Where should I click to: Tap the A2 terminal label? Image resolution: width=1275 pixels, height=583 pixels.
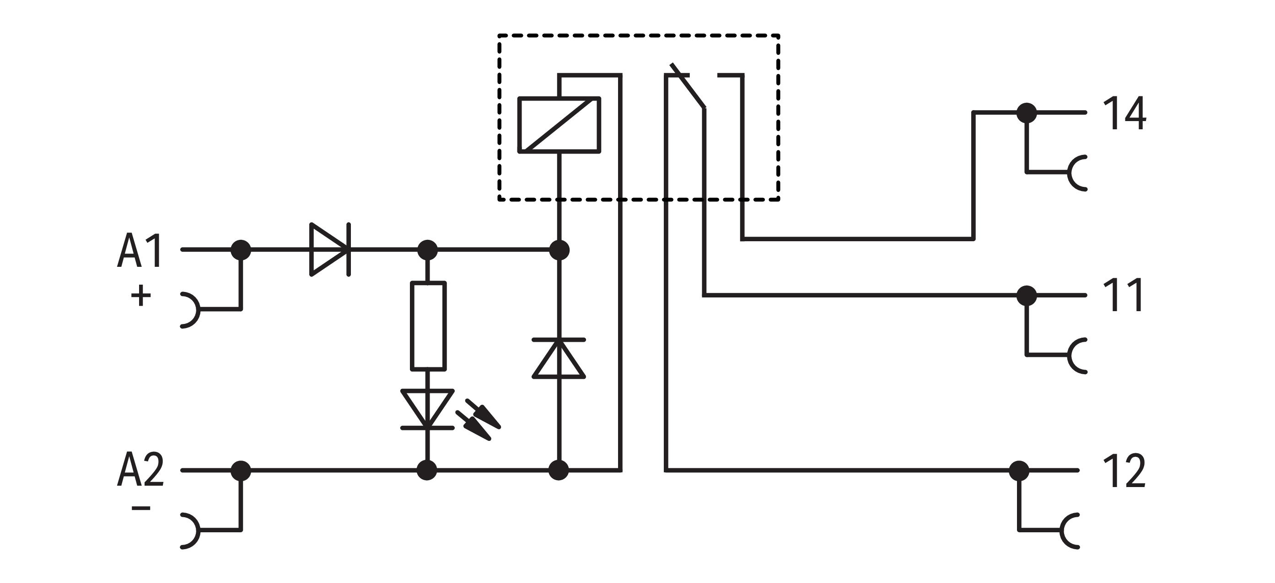pyautogui.click(x=140, y=470)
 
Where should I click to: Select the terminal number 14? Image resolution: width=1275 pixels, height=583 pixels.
pyautogui.click(x=1124, y=114)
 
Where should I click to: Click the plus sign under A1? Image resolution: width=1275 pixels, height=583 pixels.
pyautogui.click(x=140, y=296)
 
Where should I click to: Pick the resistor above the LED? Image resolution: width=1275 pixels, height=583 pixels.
pyautogui.click(x=428, y=326)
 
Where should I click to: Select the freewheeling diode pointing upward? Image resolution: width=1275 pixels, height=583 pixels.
pyautogui.click(x=559, y=359)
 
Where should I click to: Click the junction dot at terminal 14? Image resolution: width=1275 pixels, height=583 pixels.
pyautogui.click(x=1027, y=113)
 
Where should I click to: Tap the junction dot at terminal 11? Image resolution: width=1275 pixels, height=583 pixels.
pyautogui.click(x=1027, y=296)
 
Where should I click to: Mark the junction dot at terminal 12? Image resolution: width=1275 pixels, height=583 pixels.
pyautogui.click(x=1019, y=471)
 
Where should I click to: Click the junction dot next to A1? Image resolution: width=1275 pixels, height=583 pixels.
pyautogui.click(x=241, y=250)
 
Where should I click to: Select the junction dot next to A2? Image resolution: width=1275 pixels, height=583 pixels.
pyautogui.click(x=241, y=470)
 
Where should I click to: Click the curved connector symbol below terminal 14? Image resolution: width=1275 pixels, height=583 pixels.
pyautogui.click(x=1077, y=173)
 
